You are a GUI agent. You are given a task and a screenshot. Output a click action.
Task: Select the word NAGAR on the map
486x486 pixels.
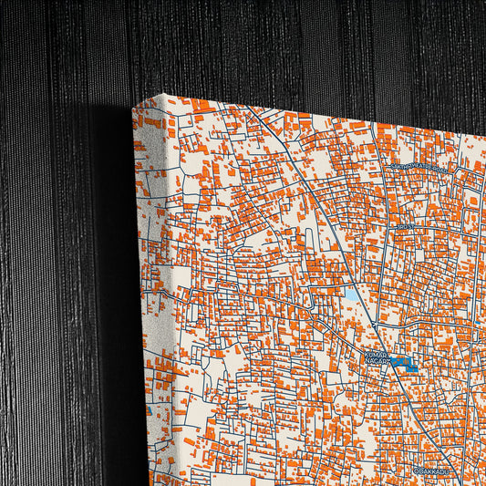click(377, 363)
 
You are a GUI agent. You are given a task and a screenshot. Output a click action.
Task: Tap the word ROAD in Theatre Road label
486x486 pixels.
click(440, 169)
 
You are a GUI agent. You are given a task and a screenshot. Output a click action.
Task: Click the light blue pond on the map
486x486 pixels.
click(351, 295)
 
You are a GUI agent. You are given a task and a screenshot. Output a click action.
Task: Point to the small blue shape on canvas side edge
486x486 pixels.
click(149, 410)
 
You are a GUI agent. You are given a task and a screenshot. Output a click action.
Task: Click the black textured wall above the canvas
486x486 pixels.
click(274, 46)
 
